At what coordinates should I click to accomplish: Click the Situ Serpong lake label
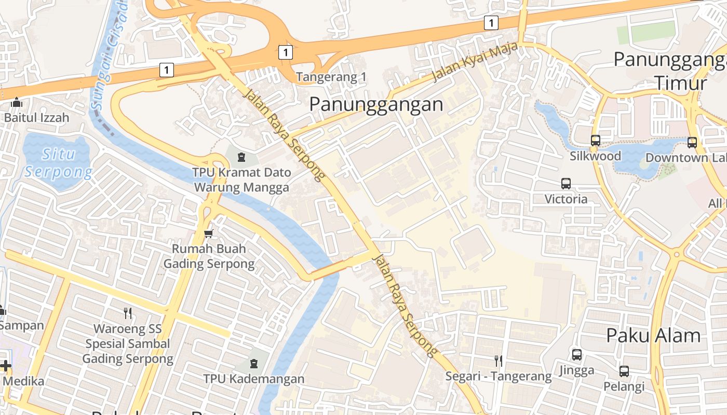[58, 162]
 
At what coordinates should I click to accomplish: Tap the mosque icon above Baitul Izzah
[17, 102]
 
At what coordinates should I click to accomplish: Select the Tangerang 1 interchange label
[331, 77]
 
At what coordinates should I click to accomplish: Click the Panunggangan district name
[376, 104]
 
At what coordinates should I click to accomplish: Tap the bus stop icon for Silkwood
[595, 141]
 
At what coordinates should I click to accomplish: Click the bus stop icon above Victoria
[566, 184]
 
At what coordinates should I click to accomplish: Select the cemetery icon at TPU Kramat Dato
[241, 156]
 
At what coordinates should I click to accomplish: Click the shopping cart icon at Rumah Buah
[209, 233]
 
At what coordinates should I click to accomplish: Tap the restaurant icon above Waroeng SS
[128, 313]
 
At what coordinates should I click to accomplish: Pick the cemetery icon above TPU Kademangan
[253, 363]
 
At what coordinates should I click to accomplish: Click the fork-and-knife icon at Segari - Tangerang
[498, 361]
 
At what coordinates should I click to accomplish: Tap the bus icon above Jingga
[576, 355]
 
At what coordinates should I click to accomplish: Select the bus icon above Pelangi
[624, 371]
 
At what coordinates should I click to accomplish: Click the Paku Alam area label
[653, 336]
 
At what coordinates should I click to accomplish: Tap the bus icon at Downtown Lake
[692, 143]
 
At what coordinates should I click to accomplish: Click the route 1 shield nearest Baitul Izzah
[166, 70]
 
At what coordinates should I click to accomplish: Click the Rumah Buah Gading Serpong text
[209, 256]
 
